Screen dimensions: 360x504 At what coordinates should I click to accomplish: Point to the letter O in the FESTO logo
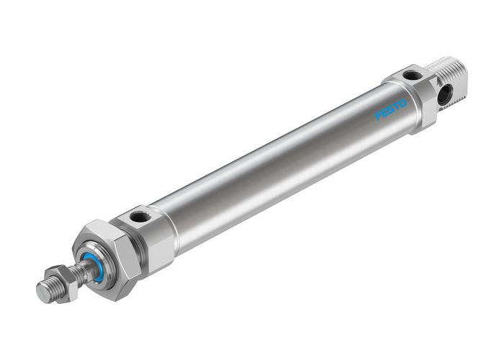(403, 103)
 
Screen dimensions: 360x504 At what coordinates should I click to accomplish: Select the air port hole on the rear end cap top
(412, 75)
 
